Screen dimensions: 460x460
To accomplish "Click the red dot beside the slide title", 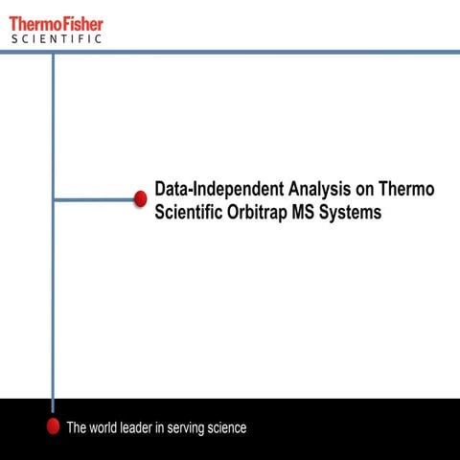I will pos(140,199).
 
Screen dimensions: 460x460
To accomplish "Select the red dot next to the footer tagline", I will pos(54,426).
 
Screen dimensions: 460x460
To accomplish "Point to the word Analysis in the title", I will pos(319,190).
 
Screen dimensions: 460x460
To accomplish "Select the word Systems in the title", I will pos(352,213).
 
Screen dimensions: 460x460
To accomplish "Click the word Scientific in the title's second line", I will pos(189,213).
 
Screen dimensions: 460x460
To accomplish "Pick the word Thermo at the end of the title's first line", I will pos(406,190).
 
